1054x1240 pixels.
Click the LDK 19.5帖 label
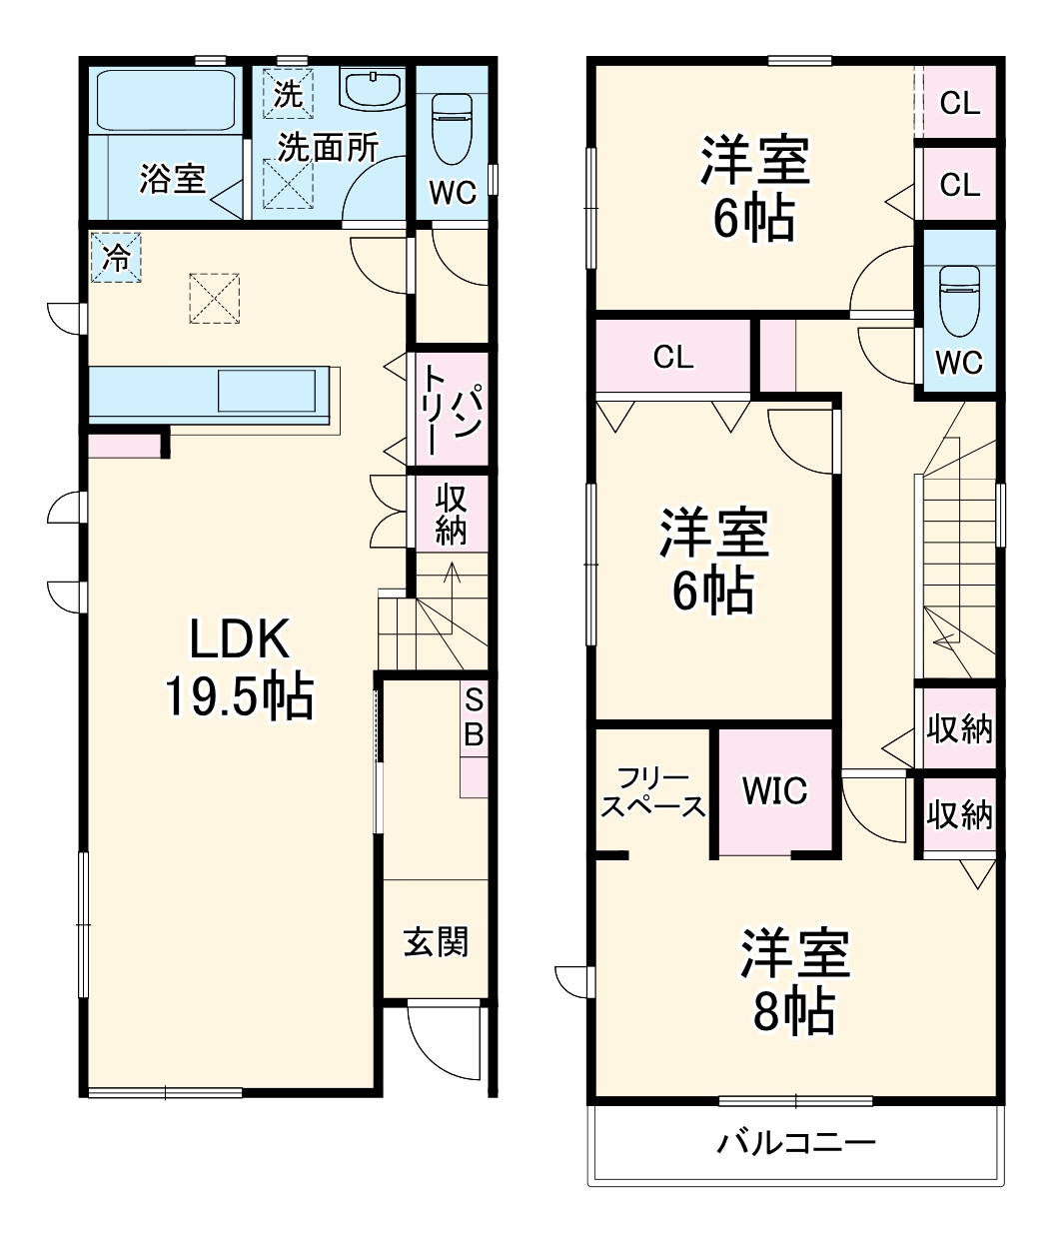click(239, 668)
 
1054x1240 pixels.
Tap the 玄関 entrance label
click(436, 941)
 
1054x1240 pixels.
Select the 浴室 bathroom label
click(172, 179)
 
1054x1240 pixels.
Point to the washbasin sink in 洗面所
click(373, 89)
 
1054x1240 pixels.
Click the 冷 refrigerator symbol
click(116, 258)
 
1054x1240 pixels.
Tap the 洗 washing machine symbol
click(289, 93)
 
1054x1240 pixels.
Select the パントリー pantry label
click(452, 409)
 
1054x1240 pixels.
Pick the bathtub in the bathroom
click(165, 101)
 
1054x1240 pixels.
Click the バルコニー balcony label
click(795, 1141)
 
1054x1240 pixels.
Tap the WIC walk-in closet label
click(774, 791)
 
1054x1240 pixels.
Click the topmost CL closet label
click(960, 103)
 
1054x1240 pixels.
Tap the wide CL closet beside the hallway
click(673, 357)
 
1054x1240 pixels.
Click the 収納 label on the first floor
click(451, 514)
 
